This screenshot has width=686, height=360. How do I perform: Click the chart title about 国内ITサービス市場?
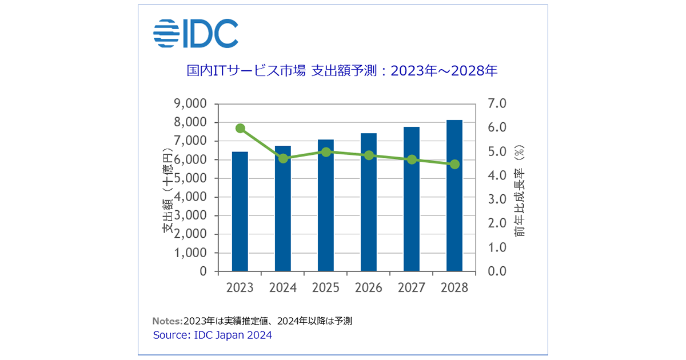coord(342,71)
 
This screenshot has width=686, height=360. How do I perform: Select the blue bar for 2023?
coord(240,211)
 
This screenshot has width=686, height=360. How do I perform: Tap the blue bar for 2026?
coord(369,203)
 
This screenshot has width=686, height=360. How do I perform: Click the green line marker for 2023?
coord(240,128)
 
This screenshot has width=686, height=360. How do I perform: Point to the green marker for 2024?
coord(283,158)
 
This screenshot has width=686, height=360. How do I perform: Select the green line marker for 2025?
coord(326,152)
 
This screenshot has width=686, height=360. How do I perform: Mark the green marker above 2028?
coord(454,165)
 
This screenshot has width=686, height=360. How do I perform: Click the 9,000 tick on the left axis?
coord(190,104)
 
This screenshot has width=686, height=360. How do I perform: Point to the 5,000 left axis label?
coord(190,178)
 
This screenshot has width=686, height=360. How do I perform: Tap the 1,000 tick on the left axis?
coord(190,253)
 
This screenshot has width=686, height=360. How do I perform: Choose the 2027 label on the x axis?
coord(412,288)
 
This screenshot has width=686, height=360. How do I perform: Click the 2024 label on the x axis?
coord(283,288)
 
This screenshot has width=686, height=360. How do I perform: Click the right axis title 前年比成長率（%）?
coord(520,191)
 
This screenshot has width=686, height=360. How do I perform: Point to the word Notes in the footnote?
coord(167,321)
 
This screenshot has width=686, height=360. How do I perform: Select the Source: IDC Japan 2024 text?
coord(212,335)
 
